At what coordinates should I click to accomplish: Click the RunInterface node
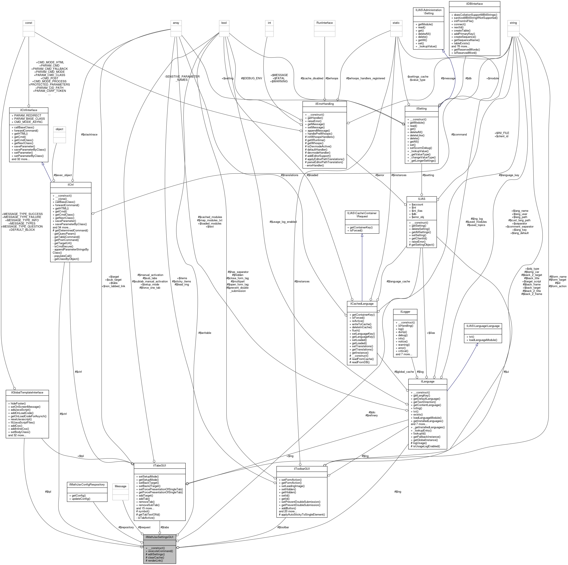tap(324, 23)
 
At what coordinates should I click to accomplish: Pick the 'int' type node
tap(269, 23)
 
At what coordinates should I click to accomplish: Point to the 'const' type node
tap(28, 23)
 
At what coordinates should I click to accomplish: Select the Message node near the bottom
tap(120, 486)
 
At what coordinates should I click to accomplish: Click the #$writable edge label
tap(205, 333)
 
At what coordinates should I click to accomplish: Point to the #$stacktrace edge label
tap(89, 134)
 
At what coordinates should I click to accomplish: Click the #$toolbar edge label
tap(283, 527)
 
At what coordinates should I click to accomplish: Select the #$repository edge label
tap(126, 527)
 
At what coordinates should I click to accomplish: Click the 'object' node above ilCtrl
tap(59, 129)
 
